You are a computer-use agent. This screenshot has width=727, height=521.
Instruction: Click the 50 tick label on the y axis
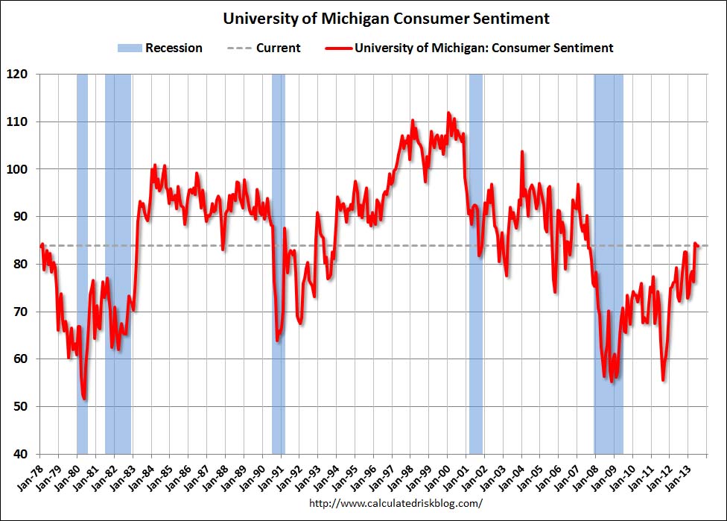21,407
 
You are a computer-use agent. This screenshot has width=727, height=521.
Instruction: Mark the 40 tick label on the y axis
21,454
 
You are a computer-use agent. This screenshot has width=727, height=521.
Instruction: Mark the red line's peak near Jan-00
448,113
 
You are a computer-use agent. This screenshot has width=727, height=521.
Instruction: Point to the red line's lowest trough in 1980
84,399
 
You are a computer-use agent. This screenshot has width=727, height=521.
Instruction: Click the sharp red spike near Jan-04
521,152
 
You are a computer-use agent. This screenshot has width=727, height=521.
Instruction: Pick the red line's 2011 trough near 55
663,380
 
